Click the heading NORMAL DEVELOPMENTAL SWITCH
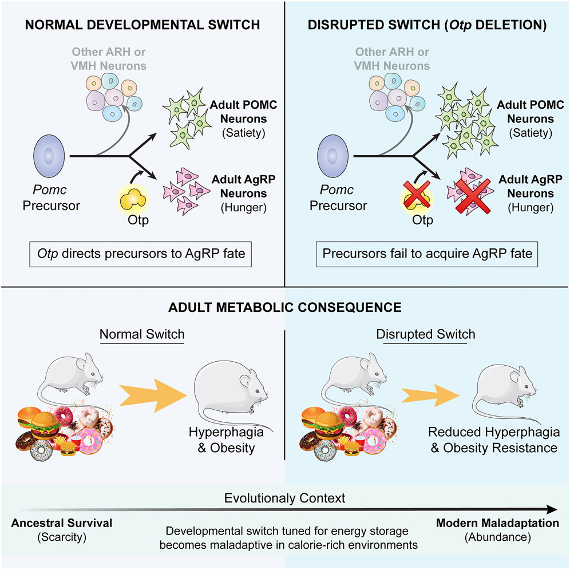click(142, 25)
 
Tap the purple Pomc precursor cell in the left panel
click(49, 155)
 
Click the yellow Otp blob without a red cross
click(133, 200)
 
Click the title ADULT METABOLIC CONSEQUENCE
click(284, 307)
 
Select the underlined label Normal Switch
click(142, 334)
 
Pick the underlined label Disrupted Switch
click(426, 334)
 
